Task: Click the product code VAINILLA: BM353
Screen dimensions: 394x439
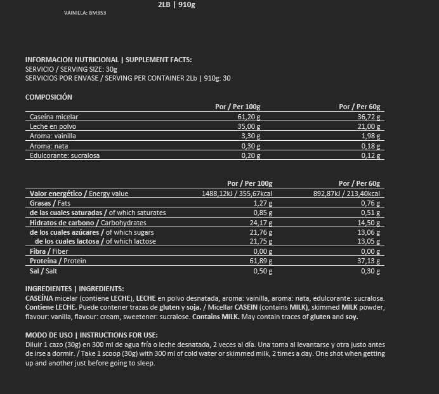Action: pyautogui.click(x=85, y=13)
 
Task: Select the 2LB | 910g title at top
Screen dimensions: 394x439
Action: pyautogui.click(x=177, y=4)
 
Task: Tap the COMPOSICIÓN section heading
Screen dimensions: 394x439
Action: pyautogui.click(x=49, y=97)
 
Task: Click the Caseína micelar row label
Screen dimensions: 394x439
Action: pyautogui.click(x=54, y=117)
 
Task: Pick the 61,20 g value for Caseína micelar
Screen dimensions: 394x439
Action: pyautogui.click(x=249, y=117)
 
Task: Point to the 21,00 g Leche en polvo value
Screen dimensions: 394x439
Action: pyautogui.click(x=370, y=126)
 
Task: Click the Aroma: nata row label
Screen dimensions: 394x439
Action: pyautogui.click(x=49, y=146)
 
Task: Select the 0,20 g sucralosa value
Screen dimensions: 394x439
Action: pyautogui.click(x=251, y=155)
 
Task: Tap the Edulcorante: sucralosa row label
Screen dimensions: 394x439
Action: pyautogui.click(x=65, y=155)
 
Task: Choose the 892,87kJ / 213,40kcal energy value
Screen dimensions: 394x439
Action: pyautogui.click(x=346, y=194)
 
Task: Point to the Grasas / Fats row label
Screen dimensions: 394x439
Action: pyautogui.click(x=50, y=203)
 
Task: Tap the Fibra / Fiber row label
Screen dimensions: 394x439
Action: pyautogui.click(x=49, y=252)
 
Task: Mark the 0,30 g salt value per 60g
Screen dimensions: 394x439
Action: pyautogui.click(x=371, y=271)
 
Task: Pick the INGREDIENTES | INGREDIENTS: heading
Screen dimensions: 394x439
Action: pyautogui.click(x=74, y=289)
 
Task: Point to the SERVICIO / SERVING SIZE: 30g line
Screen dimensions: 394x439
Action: pyautogui.click(x=71, y=69)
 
